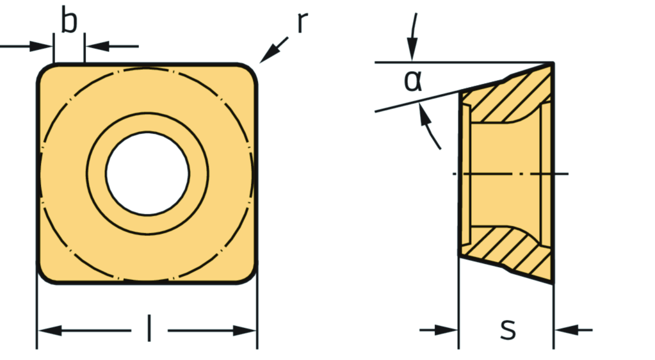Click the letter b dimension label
(69, 22)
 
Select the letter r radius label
(303, 22)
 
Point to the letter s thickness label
(508, 329)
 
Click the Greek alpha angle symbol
(414, 81)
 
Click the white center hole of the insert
(147, 174)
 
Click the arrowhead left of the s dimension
(448, 330)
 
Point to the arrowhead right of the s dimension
(564, 330)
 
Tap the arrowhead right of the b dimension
(94, 46)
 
